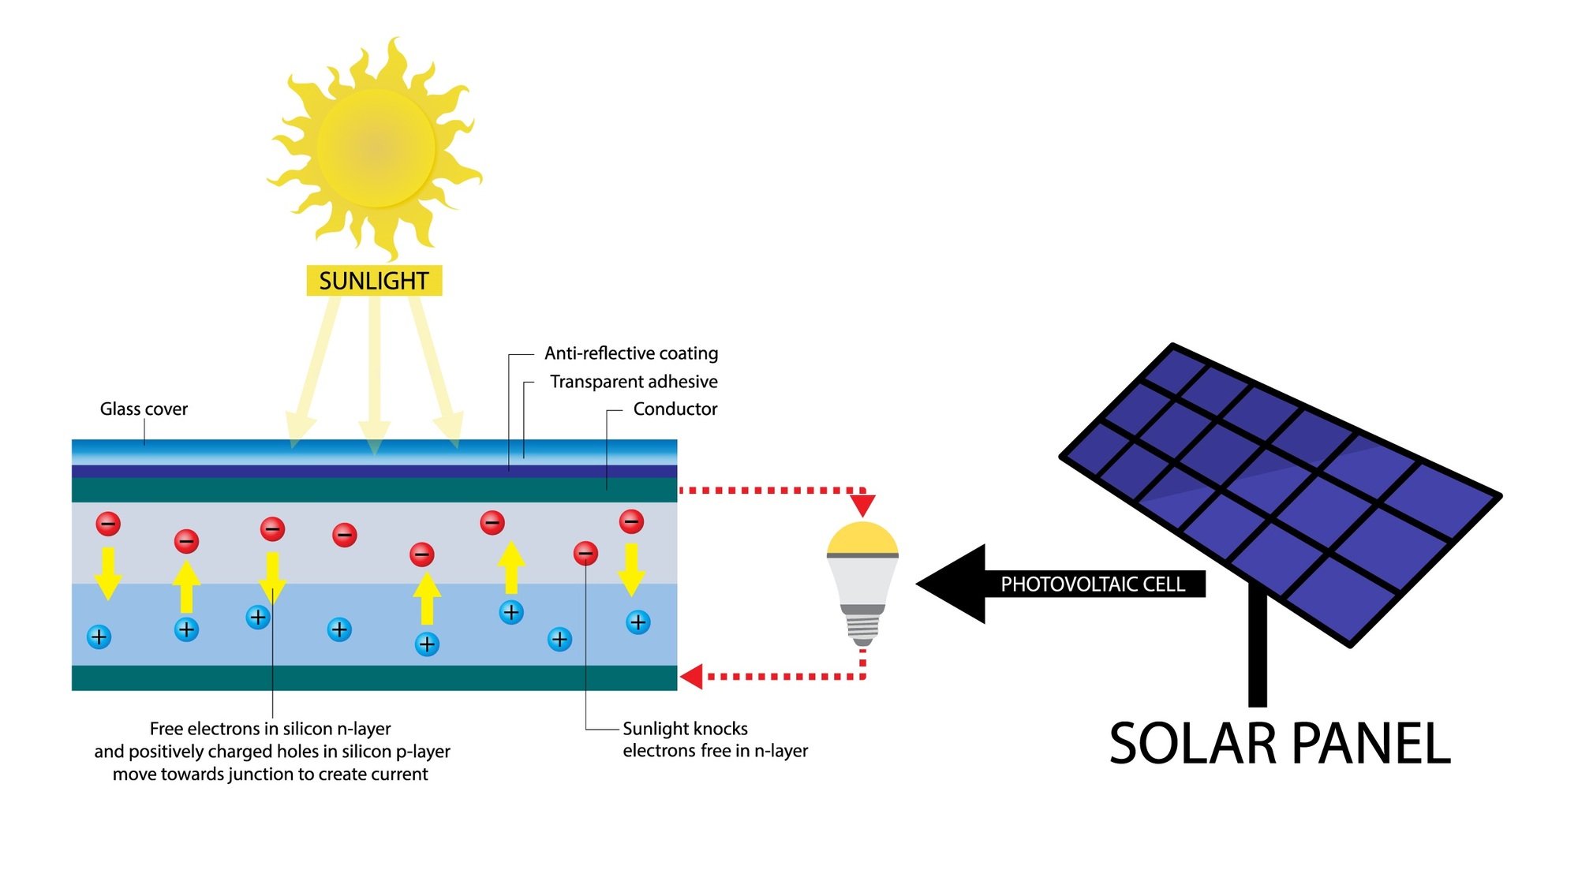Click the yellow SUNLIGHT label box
(374, 281)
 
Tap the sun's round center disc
(376, 147)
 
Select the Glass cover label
(144, 409)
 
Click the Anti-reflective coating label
(631, 353)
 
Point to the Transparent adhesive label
(634, 382)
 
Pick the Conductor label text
(675, 409)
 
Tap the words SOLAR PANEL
(1280, 744)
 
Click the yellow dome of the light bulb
(862, 539)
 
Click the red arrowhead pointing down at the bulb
(863, 504)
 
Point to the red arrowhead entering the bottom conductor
(692, 676)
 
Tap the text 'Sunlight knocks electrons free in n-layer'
(715, 739)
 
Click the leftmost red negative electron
(108, 523)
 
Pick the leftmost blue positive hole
(99, 637)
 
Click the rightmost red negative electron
(631, 521)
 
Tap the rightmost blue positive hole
(638, 622)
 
